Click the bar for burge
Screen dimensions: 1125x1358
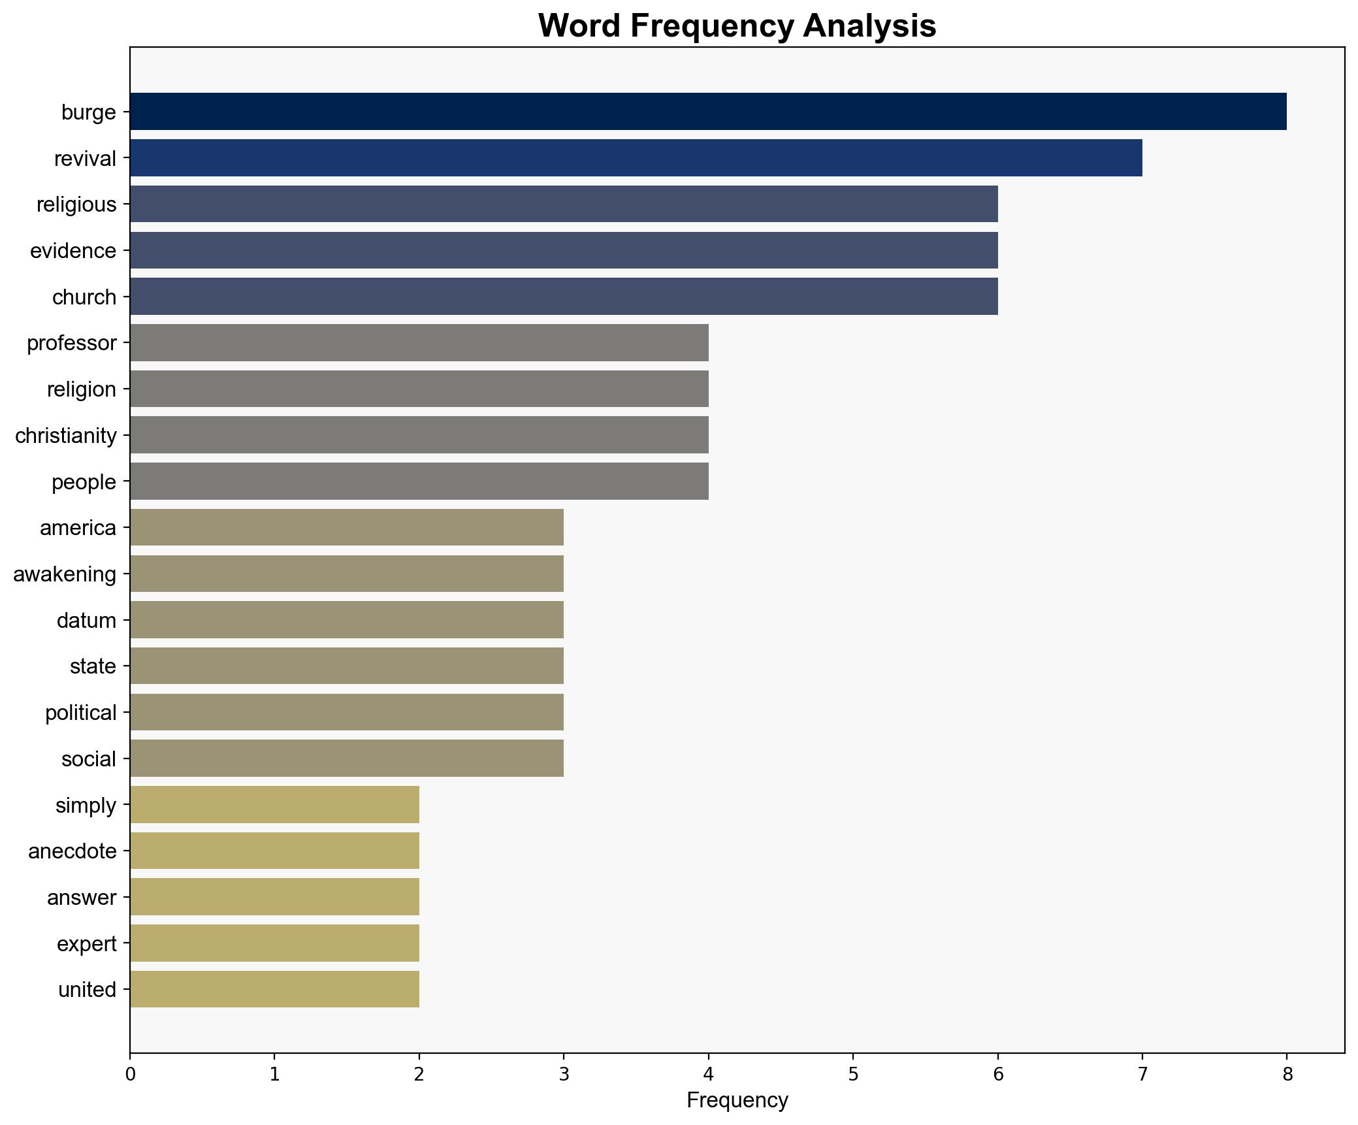tap(708, 112)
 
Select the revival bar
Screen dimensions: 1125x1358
tap(636, 158)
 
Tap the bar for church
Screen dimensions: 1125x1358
tap(564, 297)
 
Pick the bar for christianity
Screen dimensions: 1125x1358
tap(419, 435)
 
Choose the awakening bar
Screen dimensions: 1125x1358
tap(346, 574)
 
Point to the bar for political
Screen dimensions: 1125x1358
tap(346, 712)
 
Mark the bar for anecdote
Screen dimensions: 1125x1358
tap(274, 851)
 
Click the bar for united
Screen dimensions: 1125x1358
tap(274, 989)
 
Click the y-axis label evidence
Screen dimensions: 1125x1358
tap(73, 251)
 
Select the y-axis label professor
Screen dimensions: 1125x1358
tap(71, 343)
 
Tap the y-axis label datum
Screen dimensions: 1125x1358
tap(86, 620)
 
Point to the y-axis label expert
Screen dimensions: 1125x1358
tap(86, 944)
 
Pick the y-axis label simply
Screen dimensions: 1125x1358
tap(86, 806)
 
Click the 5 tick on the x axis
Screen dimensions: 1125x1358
tap(852, 1074)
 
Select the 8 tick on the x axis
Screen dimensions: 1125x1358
tap(1287, 1074)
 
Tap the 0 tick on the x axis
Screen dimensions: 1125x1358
tap(130, 1074)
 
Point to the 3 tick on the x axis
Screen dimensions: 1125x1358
tap(564, 1074)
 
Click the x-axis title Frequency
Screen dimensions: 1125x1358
tap(737, 1101)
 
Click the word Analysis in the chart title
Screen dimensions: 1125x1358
tap(869, 26)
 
